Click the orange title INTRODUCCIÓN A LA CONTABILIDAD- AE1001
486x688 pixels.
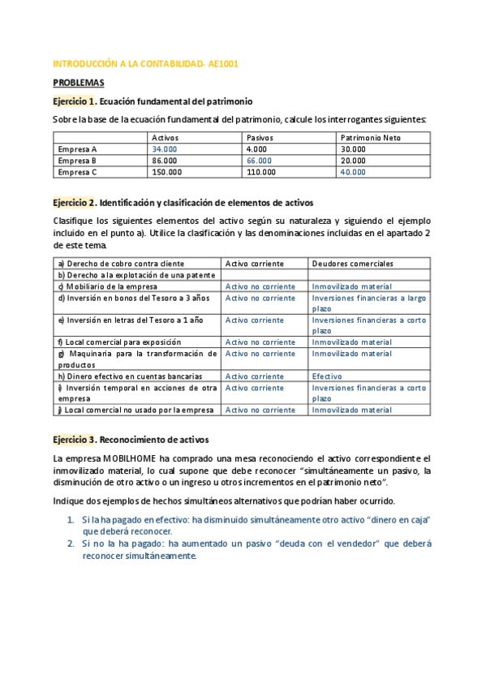click(x=145, y=63)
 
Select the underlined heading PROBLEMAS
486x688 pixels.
click(x=80, y=83)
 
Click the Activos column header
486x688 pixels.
click(x=166, y=138)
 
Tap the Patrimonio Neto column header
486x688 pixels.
click(x=371, y=138)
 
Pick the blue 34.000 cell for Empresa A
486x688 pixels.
click(x=165, y=149)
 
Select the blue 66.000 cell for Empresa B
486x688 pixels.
click(x=260, y=161)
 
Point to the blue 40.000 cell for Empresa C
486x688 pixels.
click(x=353, y=172)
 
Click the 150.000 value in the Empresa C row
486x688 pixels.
click(x=167, y=172)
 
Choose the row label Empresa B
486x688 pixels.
click(x=78, y=161)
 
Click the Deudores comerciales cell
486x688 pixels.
click(x=352, y=264)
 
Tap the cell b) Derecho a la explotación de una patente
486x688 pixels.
click(x=135, y=275)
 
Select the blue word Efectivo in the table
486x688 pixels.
click(x=328, y=376)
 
